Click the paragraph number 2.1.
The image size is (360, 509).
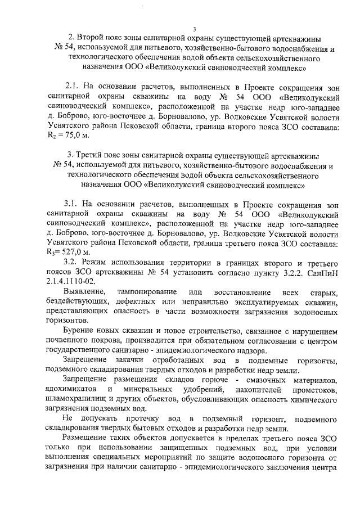(x=74, y=87)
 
